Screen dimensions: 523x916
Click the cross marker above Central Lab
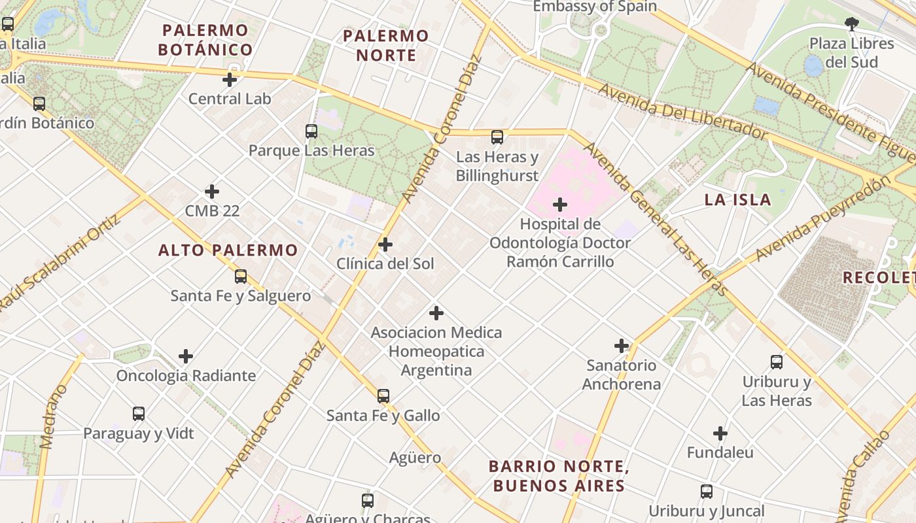[230, 80]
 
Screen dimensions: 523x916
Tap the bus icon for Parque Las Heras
[311, 131]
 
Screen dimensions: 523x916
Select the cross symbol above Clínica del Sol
[385, 245]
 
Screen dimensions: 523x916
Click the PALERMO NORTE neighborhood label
[386, 46]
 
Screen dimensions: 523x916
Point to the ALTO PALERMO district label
[228, 250]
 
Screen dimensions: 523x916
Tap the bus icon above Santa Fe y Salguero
[241, 277]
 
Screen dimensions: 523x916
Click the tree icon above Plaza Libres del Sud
[851, 25]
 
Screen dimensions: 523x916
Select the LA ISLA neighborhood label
[737, 200]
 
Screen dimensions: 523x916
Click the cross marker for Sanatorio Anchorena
[622, 346]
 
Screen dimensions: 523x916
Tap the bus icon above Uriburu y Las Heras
[777, 362]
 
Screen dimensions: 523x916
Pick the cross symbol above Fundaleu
[720, 433]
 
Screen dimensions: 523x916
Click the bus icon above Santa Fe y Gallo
[383, 396]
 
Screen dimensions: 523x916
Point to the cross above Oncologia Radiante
[186, 356]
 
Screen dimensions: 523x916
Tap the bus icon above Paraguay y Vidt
[139, 414]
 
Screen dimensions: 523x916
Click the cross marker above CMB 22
[212, 192]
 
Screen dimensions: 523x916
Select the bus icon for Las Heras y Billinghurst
[497, 137]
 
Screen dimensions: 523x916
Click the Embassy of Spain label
[594, 7]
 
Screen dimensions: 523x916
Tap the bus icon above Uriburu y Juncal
[707, 492]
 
